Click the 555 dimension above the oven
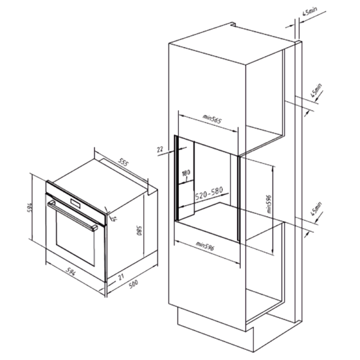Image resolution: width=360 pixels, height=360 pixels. coord(124,162)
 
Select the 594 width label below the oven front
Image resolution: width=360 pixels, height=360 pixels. coord(71,271)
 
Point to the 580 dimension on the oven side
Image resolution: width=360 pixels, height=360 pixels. coord(139,231)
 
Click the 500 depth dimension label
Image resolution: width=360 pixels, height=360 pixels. coord(133,284)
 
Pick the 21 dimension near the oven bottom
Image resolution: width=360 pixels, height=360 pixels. coord(121,277)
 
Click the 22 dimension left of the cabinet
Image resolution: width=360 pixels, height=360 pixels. coord(160,150)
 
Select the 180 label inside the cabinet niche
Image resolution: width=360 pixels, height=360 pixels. coord(186,173)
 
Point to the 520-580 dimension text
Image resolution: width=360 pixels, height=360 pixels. coord(209,193)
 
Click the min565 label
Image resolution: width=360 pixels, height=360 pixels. coord(212,119)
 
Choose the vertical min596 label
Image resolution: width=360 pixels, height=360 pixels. coord(269,204)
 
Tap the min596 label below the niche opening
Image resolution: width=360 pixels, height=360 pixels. coord(205,246)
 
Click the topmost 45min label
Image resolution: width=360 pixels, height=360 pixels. coord(309,11)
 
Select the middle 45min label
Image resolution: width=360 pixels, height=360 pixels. coord(316,91)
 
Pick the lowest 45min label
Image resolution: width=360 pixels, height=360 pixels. coord(316,209)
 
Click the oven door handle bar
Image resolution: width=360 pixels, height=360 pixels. coord(73,216)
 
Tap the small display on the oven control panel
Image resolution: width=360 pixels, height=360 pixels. coord(75,204)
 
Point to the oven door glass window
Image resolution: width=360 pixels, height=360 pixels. coord(75,238)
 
